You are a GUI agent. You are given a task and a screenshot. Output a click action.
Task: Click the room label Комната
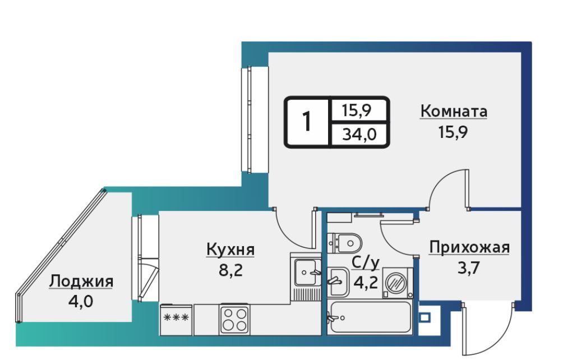(x=454, y=111)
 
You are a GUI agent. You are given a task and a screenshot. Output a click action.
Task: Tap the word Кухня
(x=230, y=249)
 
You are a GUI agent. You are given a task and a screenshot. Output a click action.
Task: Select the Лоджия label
(x=81, y=281)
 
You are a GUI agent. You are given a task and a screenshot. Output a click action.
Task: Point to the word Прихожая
(x=469, y=248)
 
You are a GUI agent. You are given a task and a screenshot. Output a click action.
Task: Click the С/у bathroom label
(x=366, y=263)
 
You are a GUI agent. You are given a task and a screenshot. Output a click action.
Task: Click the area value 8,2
(x=230, y=270)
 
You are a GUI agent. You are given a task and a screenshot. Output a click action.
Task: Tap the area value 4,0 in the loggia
(x=81, y=302)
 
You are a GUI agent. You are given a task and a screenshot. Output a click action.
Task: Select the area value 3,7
(x=469, y=267)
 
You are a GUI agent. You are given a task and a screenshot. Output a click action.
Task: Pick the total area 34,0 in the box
(x=359, y=135)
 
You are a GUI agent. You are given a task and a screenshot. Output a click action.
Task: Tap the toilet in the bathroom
(x=345, y=243)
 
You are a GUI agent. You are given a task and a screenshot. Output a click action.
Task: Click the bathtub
(x=370, y=317)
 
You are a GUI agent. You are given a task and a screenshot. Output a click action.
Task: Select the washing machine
(x=398, y=283)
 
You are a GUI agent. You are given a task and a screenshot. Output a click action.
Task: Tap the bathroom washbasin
(x=338, y=282)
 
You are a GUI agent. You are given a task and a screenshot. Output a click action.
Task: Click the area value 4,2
(x=366, y=283)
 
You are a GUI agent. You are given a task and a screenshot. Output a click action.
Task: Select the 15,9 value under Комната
(x=453, y=132)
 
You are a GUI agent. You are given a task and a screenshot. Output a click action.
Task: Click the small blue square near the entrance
(x=424, y=317)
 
